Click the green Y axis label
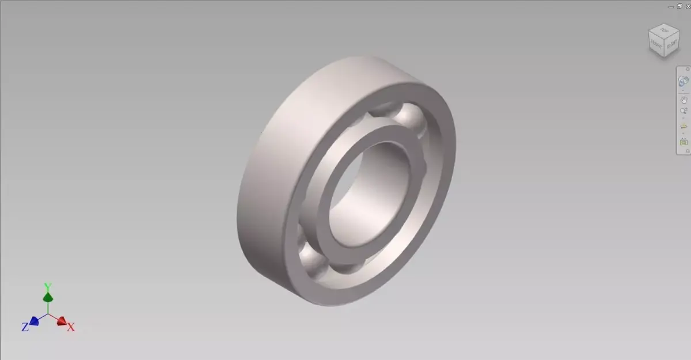[x=48, y=286]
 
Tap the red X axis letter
[x=71, y=327]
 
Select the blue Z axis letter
[x=25, y=327]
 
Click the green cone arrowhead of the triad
[x=48, y=297]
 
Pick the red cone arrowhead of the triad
[x=62, y=321]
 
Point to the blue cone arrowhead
[x=35, y=320]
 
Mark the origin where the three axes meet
[x=48, y=314]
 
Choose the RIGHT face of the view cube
[x=672, y=43]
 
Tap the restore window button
[x=679, y=6]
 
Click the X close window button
[x=686, y=6]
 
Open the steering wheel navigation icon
[x=684, y=81]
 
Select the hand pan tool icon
[x=684, y=100]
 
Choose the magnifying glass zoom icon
[x=684, y=111]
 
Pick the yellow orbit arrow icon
[x=684, y=127]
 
